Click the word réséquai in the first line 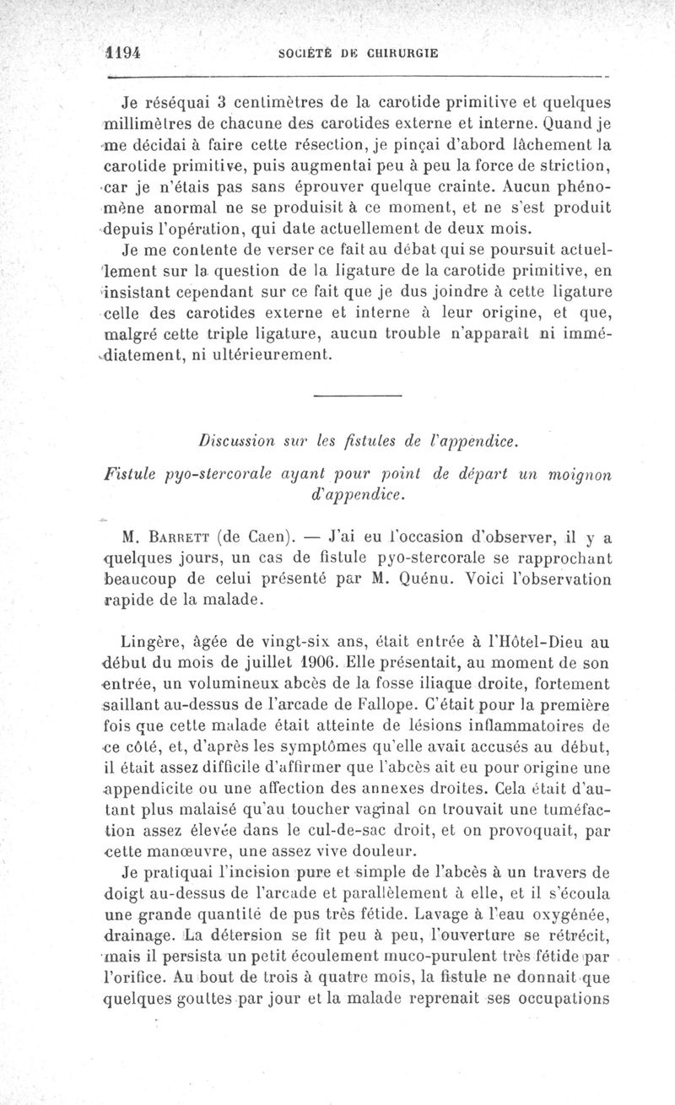point(167,105)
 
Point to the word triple point(258,334)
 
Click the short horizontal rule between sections point(356,396)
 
